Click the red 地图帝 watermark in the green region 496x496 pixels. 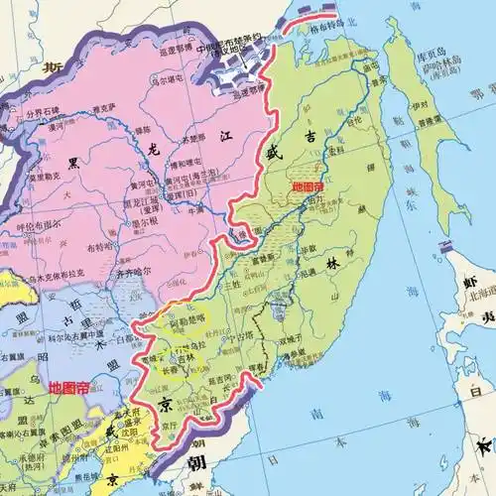[306, 186]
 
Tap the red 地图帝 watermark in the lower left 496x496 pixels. [67, 387]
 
